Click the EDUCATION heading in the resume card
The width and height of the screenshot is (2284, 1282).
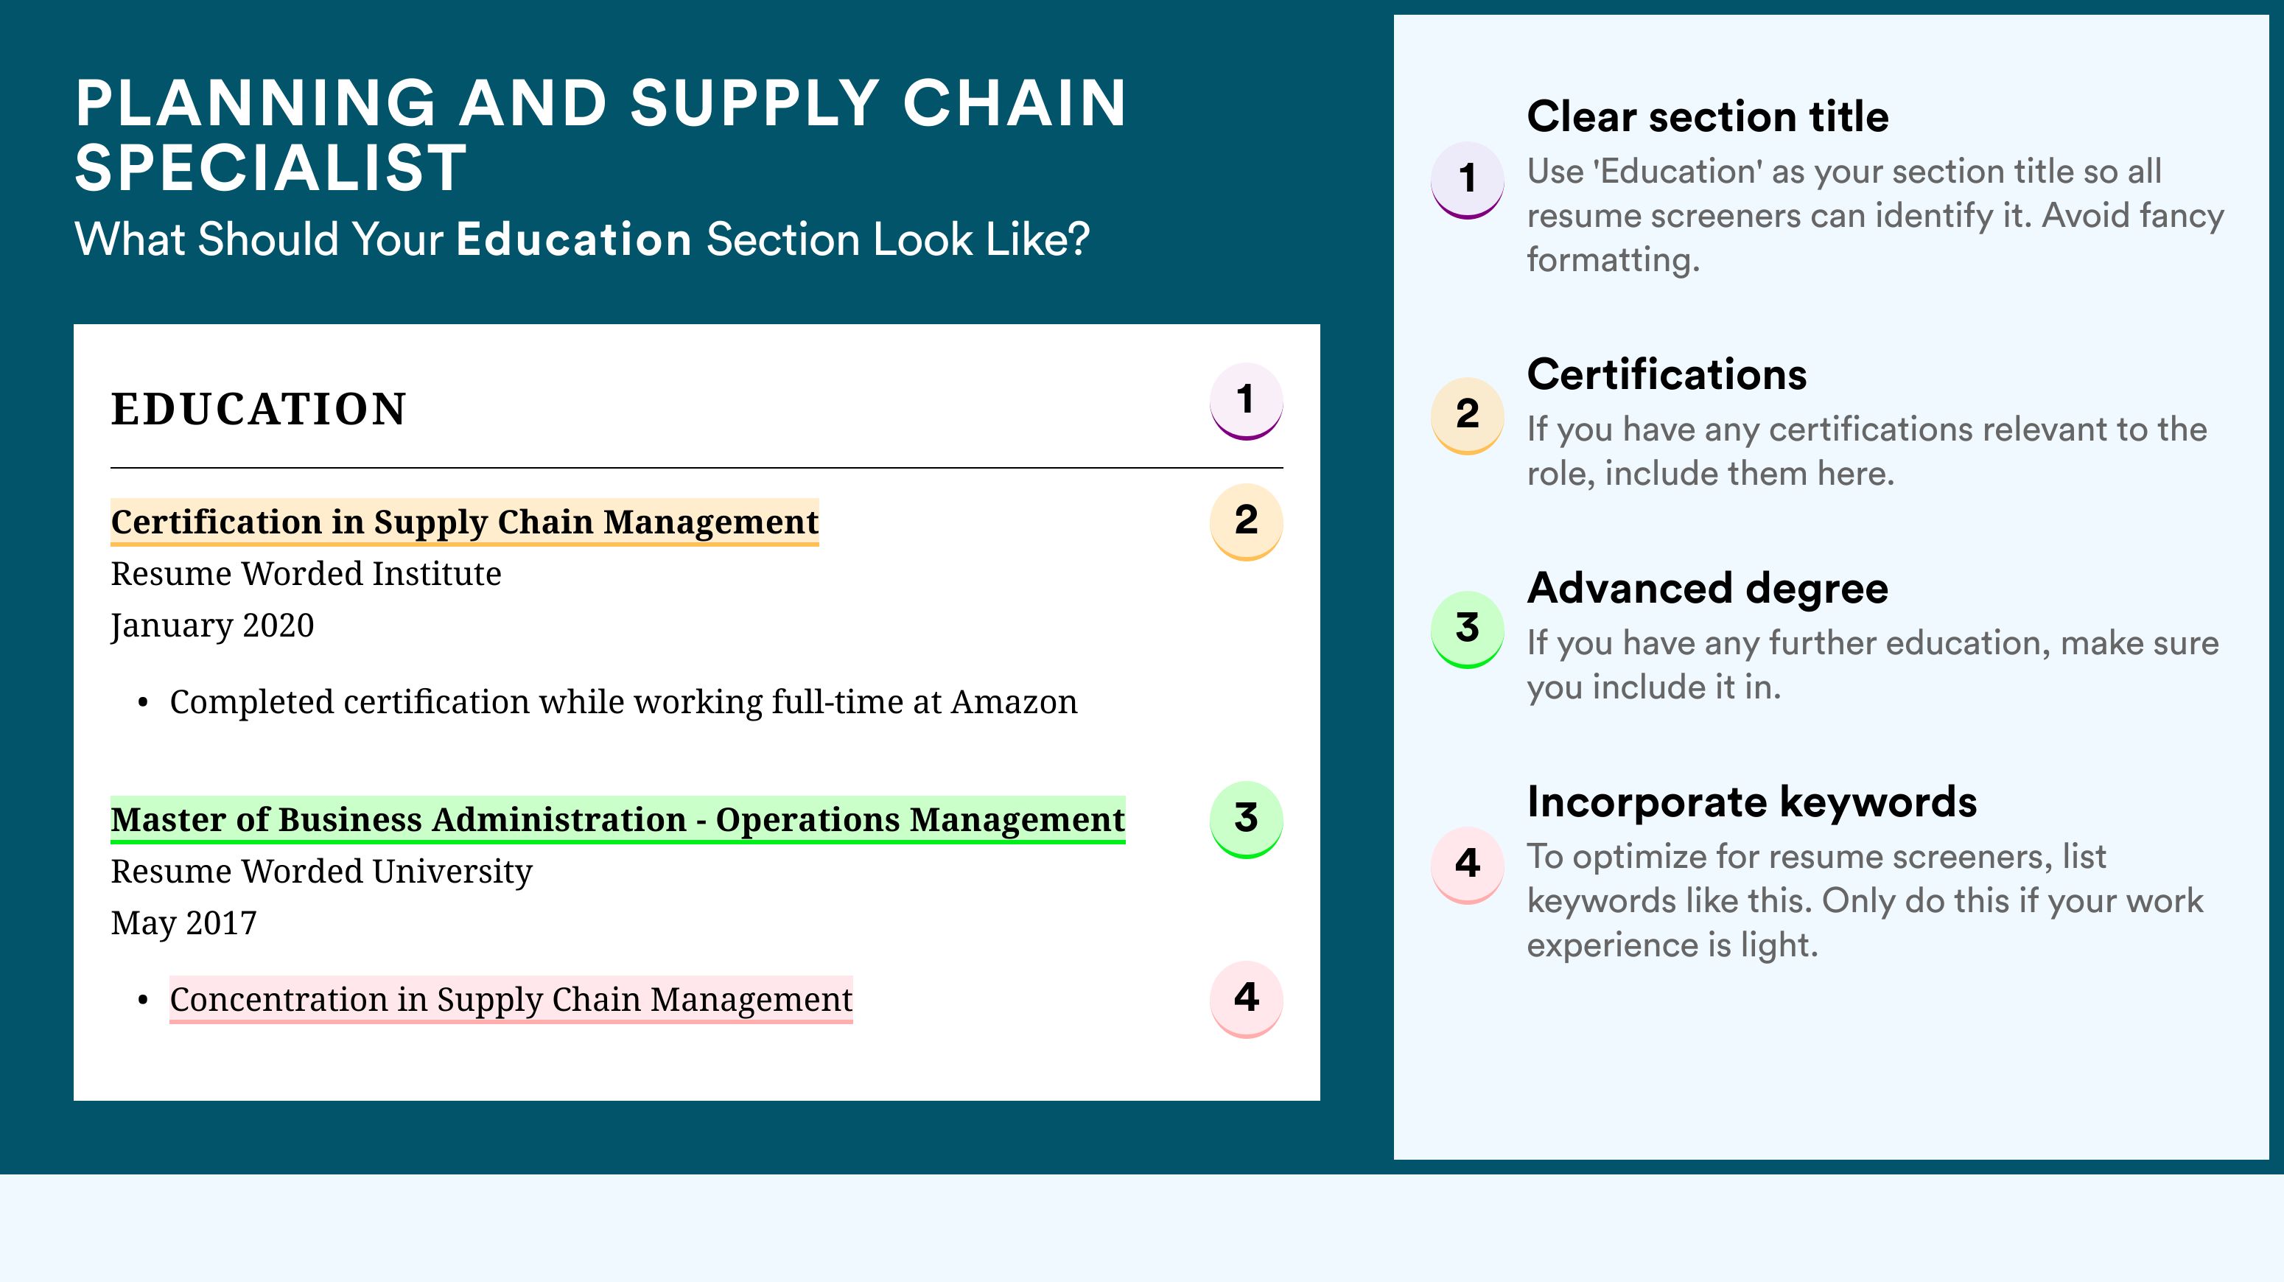click(x=258, y=410)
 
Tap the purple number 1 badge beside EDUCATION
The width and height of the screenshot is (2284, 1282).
click(x=1246, y=402)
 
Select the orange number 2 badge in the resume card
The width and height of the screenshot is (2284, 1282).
click(x=1246, y=522)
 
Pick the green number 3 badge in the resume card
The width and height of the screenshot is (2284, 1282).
click(x=1246, y=819)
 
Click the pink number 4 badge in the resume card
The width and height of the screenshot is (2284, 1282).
click(x=1246, y=999)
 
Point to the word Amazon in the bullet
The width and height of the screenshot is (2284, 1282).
click(x=1014, y=702)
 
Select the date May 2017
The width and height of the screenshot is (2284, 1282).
click(x=183, y=924)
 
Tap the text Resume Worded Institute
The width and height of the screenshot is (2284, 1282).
click(x=306, y=574)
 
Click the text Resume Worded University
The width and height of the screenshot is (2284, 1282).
click(x=322, y=872)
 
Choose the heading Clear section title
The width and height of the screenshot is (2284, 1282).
click(x=1708, y=116)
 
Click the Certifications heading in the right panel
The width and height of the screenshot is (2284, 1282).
click(x=1667, y=374)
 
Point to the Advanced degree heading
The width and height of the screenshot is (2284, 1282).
click(x=1708, y=589)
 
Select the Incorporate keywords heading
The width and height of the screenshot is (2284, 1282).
click(x=1752, y=802)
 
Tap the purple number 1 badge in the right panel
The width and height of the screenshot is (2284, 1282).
click(x=1468, y=180)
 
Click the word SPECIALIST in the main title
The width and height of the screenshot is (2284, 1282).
click(x=270, y=167)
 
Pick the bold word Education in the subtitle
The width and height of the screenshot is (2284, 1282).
click(x=574, y=239)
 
